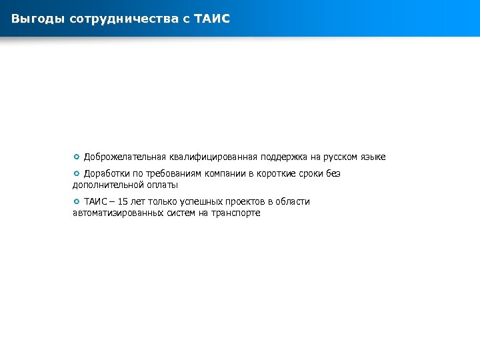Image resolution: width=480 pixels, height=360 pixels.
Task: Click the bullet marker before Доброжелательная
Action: pos(77,157)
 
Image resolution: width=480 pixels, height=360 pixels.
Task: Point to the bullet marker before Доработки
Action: pos(77,174)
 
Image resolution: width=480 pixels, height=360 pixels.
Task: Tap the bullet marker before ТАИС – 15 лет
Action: pos(77,201)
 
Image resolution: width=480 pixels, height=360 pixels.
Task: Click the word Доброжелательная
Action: pos(125,157)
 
